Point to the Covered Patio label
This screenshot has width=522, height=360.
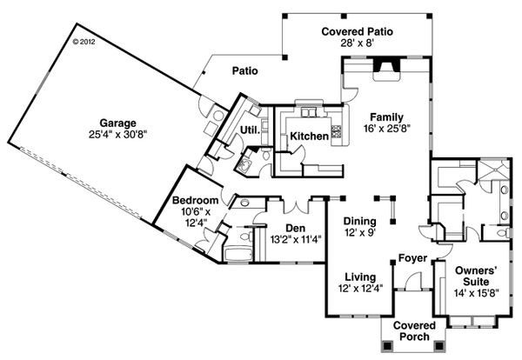pyautogui.click(x=357, y=31)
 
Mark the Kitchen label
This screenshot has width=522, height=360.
pyautogui.click(x=309, y=137)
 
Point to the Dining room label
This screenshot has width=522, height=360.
pyautogui.click(x=358, y=221)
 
